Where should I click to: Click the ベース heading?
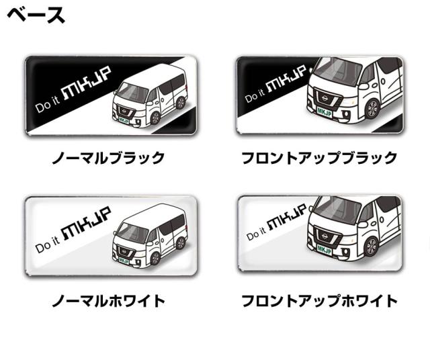point(36,15)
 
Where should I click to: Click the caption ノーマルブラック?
point(108,158)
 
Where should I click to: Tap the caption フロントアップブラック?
point(319,158)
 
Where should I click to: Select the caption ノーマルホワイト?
point(108,301)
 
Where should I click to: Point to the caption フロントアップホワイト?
point(319,301)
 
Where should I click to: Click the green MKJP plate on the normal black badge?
point(124,120)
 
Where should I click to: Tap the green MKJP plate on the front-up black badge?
point(324,112)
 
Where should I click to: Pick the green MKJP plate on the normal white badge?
point(124,261)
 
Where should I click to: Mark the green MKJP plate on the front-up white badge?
point(324,250)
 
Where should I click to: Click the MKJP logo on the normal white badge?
point(87,223)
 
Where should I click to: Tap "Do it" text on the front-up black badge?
point(255,95)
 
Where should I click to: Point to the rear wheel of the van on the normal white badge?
point(180,243)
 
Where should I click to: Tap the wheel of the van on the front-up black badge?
point(372,109)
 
